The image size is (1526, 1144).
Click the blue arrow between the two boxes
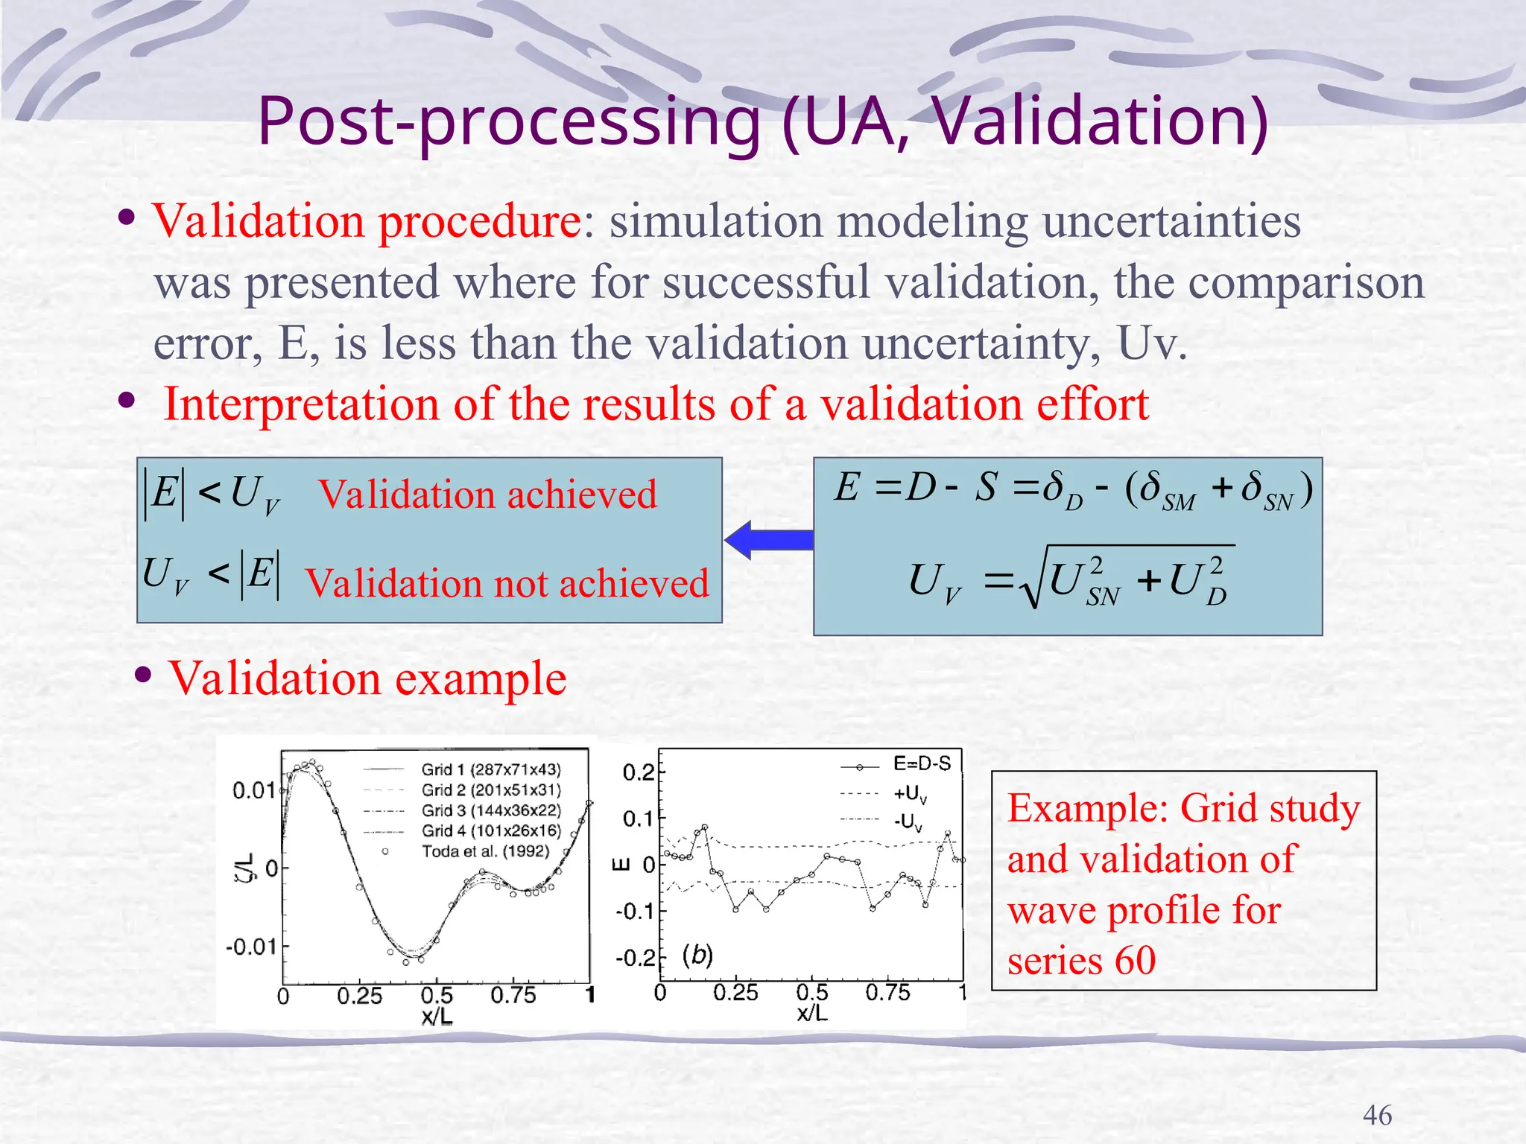pos(767,540)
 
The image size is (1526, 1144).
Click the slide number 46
pos(1376,1115)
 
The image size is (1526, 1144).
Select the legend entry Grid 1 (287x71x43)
pos(490,769)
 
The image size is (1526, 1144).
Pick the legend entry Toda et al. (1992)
pos(484,851)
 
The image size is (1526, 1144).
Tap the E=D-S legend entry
pos(921,764)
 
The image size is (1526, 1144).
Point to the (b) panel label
pos(697,954)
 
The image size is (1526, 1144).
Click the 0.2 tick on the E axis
pos(639,772)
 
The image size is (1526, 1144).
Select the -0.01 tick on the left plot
pos(251,947)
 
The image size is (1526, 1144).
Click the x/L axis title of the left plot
pos(437,1016)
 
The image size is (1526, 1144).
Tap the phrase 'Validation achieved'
pos(488,495)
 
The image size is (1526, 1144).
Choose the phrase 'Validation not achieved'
pos(507,583)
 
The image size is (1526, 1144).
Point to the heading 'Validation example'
pos(367,678)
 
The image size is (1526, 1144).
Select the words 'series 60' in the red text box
pos(1081,960)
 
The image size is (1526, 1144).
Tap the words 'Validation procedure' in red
pos(367,221)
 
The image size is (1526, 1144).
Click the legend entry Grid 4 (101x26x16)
pos(490,830)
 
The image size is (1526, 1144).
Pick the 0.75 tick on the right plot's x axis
pos(887,993)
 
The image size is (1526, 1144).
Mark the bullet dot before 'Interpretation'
pos(127,402)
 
